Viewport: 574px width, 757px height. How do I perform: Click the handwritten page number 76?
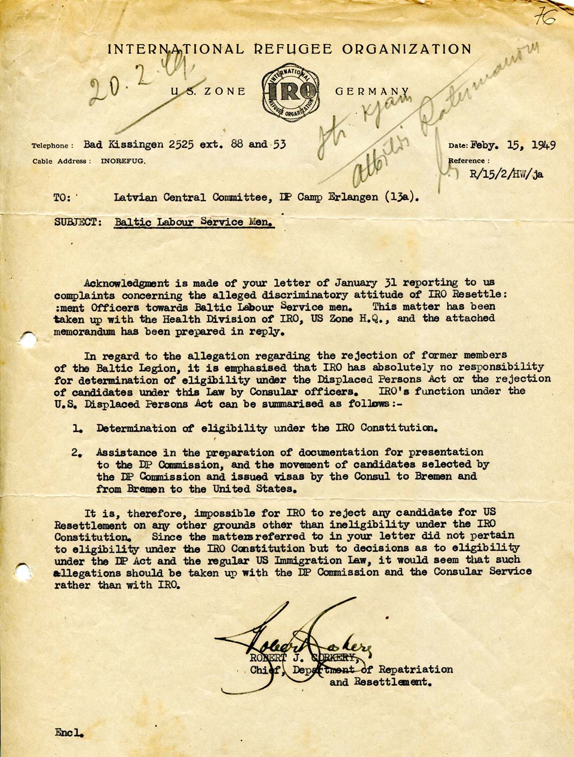click(x=545, y=17)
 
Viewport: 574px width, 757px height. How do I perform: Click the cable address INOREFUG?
click(x=123, y=161)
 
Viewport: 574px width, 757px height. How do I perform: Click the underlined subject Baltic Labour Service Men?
click(x=194, y=222)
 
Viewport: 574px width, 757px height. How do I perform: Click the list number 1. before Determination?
click(x=77, y=428)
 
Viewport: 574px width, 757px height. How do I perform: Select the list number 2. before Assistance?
click(x=76, y=453)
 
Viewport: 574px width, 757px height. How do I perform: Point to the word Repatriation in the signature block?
click(x=416, y=669)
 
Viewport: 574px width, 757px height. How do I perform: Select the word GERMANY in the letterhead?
click(x=372, y=91)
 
